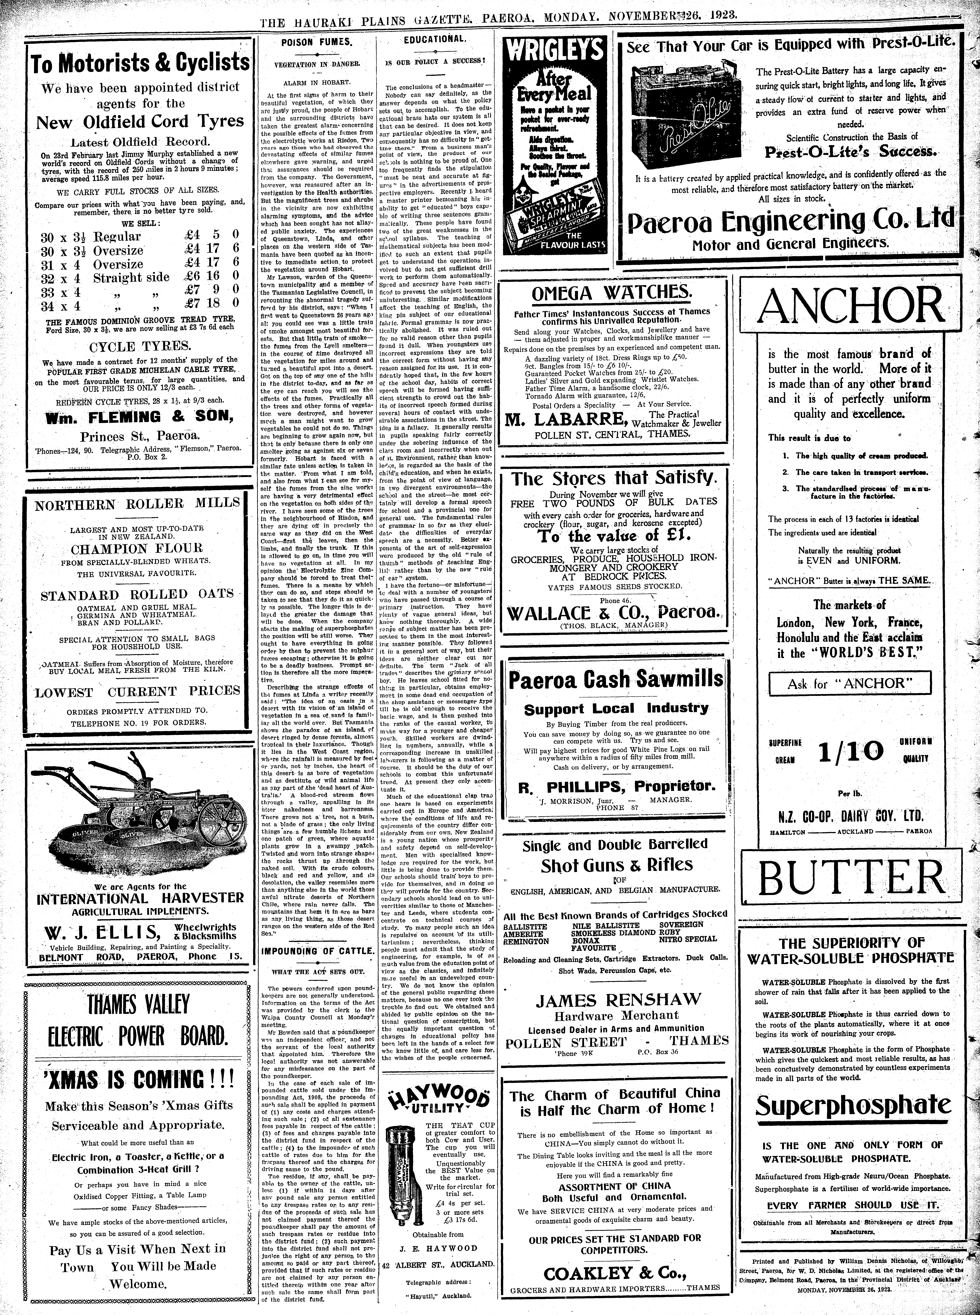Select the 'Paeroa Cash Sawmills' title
[616, 678]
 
